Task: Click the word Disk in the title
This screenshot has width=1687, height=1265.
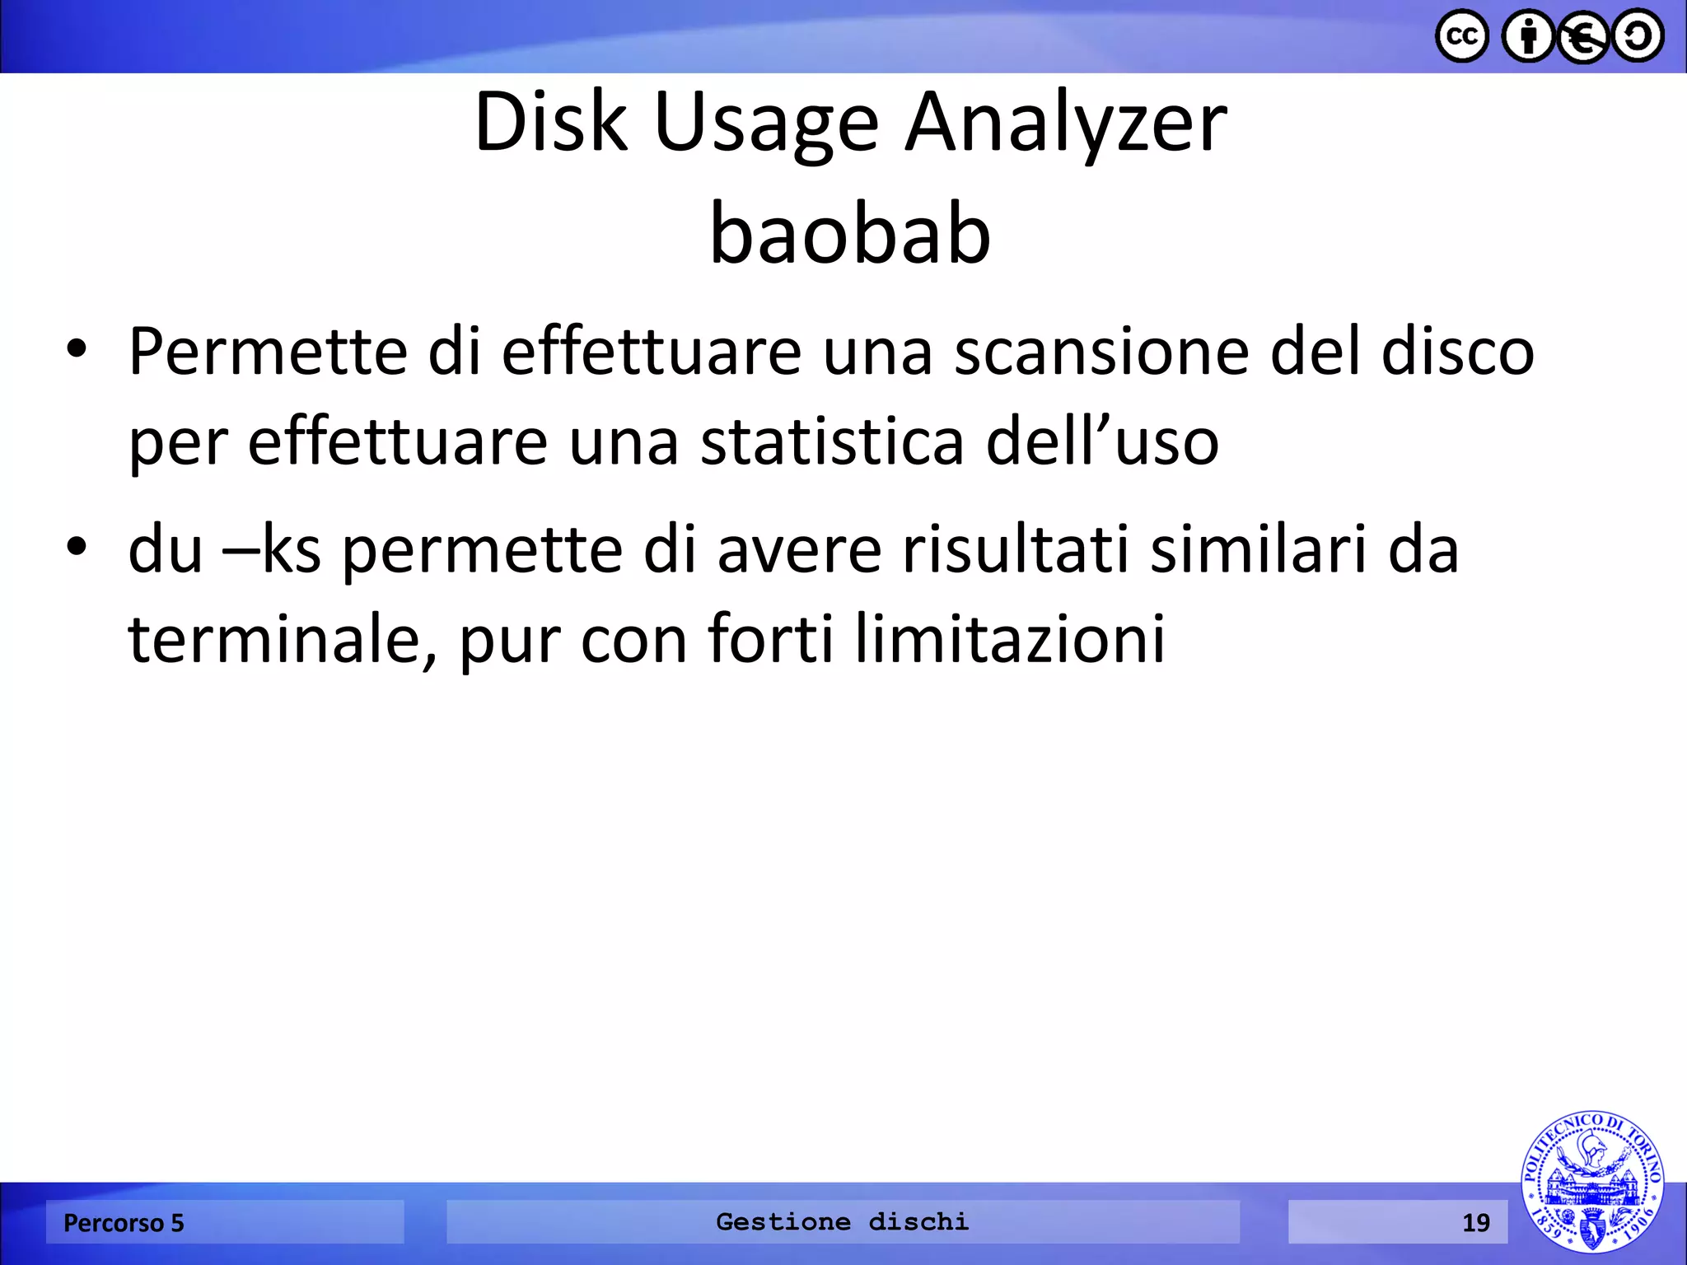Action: tap(550, 124)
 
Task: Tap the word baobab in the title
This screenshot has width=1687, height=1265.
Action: tap(850, 236)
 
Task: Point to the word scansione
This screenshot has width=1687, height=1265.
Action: tap(1101, 352)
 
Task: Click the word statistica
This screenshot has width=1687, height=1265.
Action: tap(832, 442)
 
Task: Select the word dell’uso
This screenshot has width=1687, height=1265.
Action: tap(1102, 442)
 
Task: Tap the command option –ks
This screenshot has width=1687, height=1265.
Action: tap(272, 550)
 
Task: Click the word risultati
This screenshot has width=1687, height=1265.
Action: tap(1016, 550)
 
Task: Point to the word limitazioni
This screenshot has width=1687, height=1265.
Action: tap(1010, 639)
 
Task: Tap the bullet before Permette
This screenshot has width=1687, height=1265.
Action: tap(77, 350)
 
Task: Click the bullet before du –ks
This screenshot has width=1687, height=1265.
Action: tap(77, 548)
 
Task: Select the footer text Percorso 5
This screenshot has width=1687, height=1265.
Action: tap(124, 1223)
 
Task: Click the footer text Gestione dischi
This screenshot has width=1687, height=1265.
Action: tap(842, 1221)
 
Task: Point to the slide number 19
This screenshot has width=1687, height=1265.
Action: tap(1475, 1223)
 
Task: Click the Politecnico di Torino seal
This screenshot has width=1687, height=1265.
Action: tap(1591, 1182)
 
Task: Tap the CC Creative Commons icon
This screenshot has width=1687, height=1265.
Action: tap(1462, 36)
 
